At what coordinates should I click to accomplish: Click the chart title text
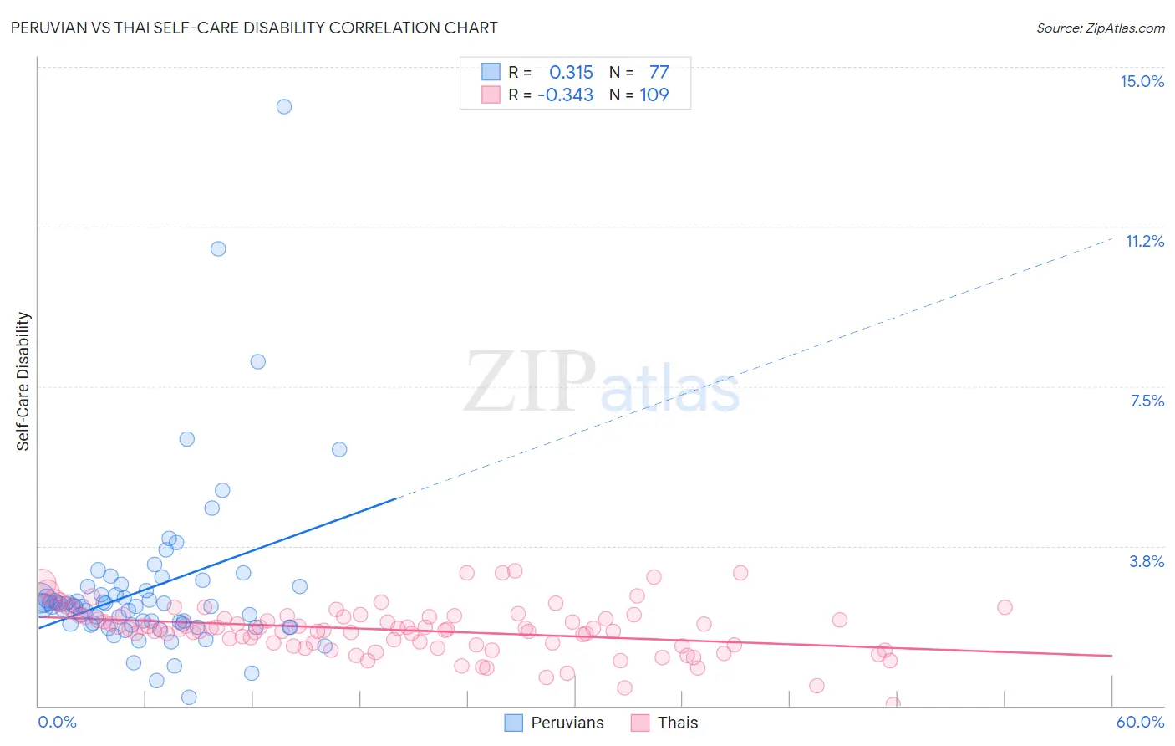point(253,28)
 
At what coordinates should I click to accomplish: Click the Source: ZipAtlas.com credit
point(1100,28)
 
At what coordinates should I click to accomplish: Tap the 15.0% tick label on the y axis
point(1142,81)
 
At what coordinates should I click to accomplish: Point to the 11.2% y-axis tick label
point(1144,241)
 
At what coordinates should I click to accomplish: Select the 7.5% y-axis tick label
point(1147,401)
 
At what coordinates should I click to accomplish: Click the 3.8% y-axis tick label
point(1147,561)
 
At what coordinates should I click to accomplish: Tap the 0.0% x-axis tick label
point(57,722)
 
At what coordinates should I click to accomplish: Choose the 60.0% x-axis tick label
point(1139,722)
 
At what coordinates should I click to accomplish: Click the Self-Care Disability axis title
point(23,381)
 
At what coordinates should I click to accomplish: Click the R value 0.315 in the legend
point(571,73)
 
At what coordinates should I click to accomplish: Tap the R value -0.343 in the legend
point(566,95)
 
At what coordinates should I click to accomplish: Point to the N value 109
point(654,95)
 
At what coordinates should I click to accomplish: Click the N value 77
point(659,73)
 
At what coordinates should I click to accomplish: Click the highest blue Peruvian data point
point(284,106)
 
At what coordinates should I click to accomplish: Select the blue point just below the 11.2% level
point(218,248)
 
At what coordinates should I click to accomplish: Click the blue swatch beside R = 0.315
point(491,72)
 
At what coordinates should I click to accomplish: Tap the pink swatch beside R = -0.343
point(491,95)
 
